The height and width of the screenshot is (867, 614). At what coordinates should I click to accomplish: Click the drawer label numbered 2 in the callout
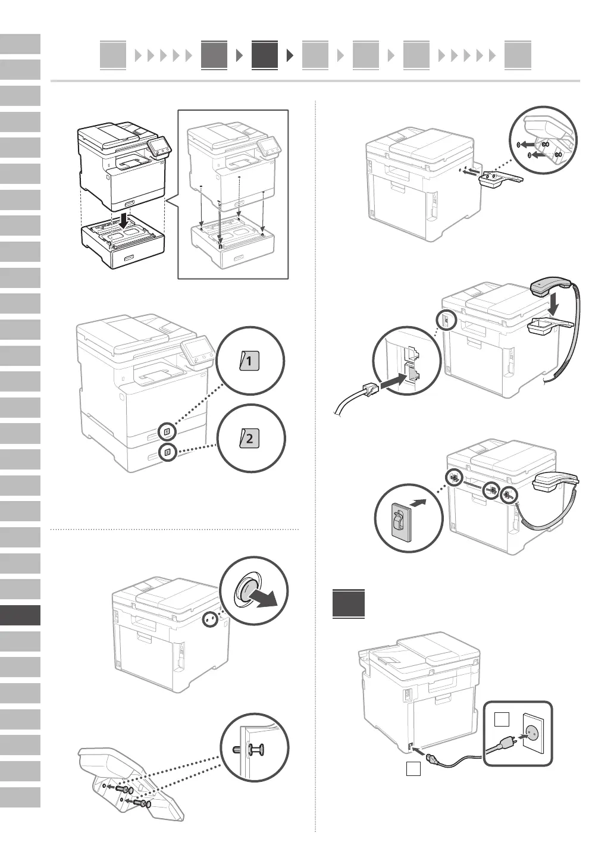(x=249, y=439)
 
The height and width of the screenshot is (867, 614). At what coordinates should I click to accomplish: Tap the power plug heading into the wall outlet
(x=509, y=740)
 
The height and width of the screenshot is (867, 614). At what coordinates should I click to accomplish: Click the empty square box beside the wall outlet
(x=501, y=720)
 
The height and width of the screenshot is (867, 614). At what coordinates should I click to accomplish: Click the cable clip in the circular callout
(x=402, y=522)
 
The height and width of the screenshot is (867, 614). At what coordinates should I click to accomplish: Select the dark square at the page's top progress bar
(x=264, y=55)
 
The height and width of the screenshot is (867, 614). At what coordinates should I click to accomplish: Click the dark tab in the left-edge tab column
(x=20, y=615)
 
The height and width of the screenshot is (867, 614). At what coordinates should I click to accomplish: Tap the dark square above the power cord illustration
(x=349, y=603)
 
